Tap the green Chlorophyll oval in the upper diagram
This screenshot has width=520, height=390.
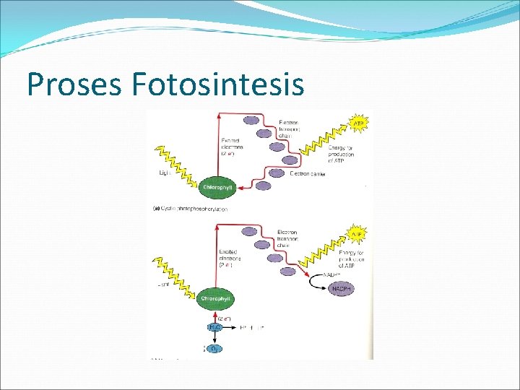217,187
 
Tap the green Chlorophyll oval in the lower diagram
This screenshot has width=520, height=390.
217,298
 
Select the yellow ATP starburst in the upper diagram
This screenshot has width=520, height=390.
358,123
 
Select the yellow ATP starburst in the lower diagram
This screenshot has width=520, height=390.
357,235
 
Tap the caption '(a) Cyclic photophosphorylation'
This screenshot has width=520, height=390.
190,209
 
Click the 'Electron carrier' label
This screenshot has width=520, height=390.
308,174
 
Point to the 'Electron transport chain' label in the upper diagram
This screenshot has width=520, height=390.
288,129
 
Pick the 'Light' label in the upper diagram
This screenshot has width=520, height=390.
163,173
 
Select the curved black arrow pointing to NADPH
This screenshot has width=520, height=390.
316,285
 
